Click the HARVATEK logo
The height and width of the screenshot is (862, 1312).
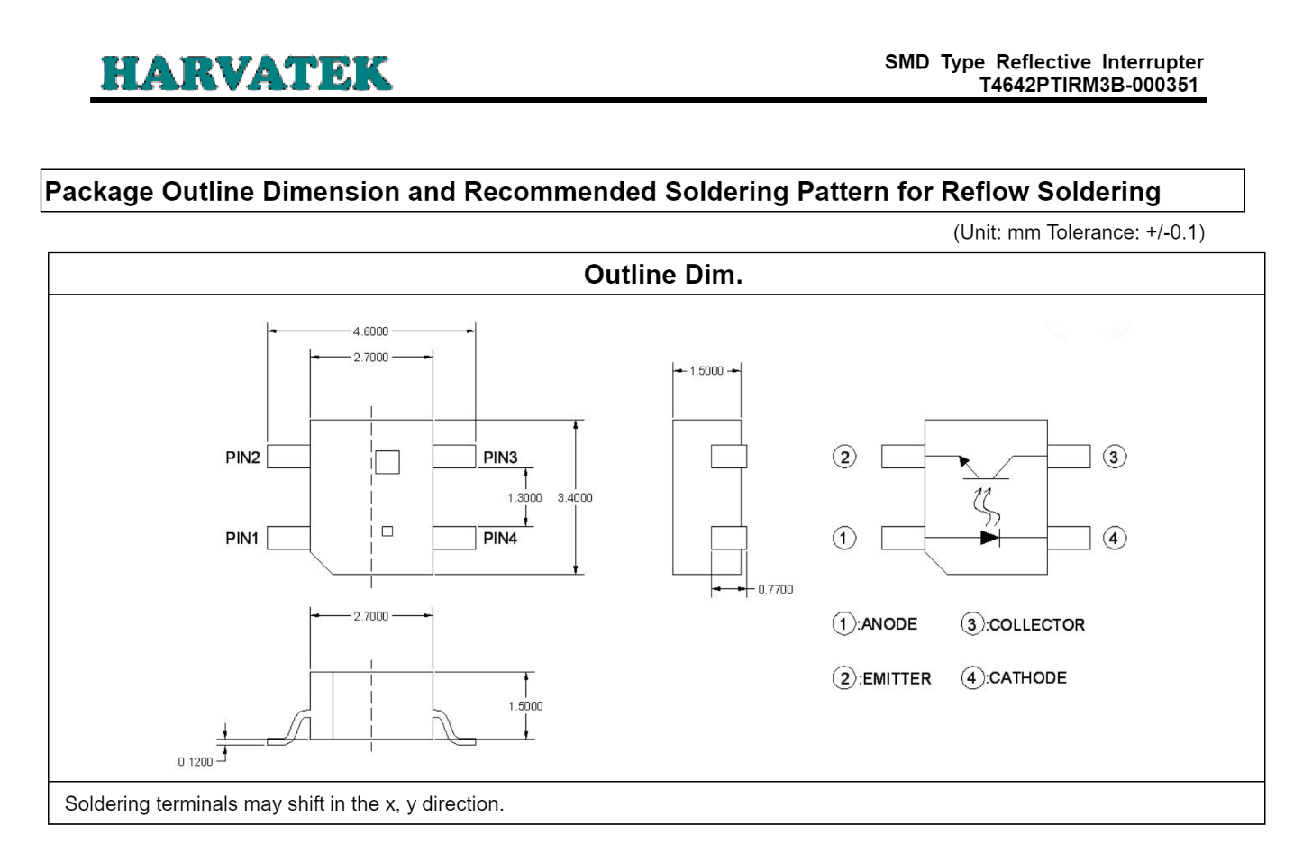coord(246,73)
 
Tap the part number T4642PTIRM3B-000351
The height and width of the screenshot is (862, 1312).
coord(1089,86)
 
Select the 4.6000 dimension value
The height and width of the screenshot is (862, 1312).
coord(370,331)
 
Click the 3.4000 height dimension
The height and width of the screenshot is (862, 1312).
coord(575,497)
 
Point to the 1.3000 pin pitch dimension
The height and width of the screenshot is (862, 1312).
coord(524,497)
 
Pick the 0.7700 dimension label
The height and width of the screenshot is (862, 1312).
coord(775,589)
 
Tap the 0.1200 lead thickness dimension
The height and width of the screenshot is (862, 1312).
coord(196,762)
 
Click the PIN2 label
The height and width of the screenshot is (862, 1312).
coord(242,458)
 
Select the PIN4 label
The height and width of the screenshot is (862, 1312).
coord(500,539)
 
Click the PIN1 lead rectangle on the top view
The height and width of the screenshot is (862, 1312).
coord(288,538)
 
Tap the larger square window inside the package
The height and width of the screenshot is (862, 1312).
coord(387,462)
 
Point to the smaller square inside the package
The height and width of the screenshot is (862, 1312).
coord(387,531)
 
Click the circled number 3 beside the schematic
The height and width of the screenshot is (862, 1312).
coord(1114,457)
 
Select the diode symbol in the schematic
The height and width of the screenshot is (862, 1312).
coord(989,538)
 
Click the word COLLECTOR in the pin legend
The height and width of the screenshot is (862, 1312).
coord(1036,625)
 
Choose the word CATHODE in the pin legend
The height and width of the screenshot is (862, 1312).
coord(1027,678)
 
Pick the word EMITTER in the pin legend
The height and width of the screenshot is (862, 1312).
coord(897,679)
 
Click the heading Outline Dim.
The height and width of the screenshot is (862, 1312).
coord(663,275)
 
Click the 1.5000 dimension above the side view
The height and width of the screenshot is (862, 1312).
coord(706,371)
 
